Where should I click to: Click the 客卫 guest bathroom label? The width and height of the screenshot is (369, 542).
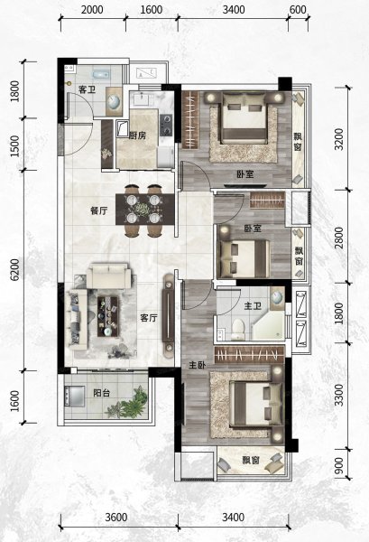[x=87, y=89]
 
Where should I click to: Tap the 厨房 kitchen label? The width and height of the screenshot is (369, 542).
[x=138, y=135]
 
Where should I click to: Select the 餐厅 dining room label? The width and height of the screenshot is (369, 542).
[x=98, y=210]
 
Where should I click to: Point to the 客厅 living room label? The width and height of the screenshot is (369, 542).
[x=149, y=318]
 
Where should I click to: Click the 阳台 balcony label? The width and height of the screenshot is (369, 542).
[x=102, y=393]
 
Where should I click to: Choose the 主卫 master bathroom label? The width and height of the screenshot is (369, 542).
[x=253, y=306]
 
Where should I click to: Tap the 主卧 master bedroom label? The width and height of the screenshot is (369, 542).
[x=198, y=365]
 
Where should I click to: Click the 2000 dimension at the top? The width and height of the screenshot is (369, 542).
[x=92, y=10]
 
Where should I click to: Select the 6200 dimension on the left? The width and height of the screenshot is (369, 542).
[x=14, y=270]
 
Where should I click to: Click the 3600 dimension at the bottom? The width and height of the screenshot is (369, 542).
[x=116, y=518]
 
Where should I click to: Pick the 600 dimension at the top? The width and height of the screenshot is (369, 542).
[x=298, y=10]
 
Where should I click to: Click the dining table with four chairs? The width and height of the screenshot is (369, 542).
[x=144, y=210]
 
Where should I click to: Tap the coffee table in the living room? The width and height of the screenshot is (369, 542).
[x=107, y=316]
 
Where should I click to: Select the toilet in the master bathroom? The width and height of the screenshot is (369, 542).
[x=238, y=330]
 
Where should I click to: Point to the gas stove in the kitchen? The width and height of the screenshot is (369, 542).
[x=166, y=125]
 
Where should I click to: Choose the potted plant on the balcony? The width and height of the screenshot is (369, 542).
[x=128, y=403]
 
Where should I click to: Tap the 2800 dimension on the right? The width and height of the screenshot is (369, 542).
[x=339, y=237]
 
